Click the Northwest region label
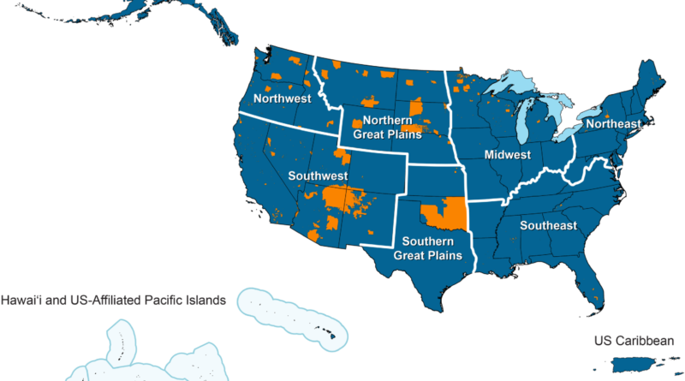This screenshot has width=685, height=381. (282, 98)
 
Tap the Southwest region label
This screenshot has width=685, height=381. (318, 176)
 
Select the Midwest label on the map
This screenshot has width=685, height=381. (508, 156)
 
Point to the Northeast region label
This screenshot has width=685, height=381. (613, 125)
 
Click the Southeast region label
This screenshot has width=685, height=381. (548, 226)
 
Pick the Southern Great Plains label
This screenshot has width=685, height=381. (427, 248)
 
